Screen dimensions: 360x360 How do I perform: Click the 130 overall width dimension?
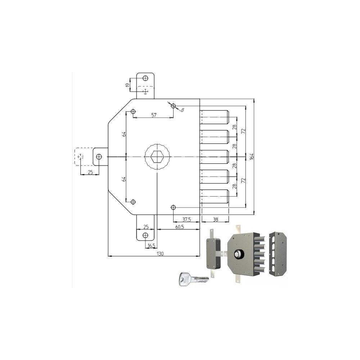tap(160, 253)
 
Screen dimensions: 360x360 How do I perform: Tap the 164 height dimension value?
tap(252, 156)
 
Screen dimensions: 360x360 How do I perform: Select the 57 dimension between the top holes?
tap(154, 115)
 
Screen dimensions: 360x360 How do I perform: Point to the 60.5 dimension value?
tap(180, 227)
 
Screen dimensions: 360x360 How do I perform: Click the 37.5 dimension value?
tap(186, 220)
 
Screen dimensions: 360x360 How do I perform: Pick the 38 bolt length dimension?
tap(215, 220)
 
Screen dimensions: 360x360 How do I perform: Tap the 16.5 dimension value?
tap(151, 246)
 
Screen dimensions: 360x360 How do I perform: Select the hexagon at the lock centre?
tap(157, 157)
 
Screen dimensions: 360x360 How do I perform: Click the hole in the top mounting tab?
tap(145, 78)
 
